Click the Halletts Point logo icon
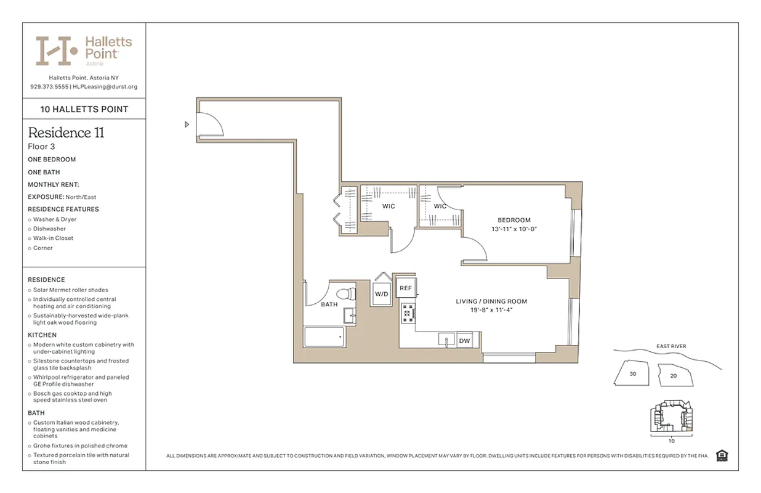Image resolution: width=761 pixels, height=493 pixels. (56, 51)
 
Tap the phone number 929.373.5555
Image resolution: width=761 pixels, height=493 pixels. (49, 87)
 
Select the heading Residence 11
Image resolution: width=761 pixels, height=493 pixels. (66, 132)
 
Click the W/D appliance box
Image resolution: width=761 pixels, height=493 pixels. (382, 295)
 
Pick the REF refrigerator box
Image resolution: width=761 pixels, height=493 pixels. (405, 288)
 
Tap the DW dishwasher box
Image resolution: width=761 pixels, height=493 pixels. (464, 340)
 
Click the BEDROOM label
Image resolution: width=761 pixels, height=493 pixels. (513, 220)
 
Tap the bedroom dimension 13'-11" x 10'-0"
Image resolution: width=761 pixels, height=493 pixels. (513, 229)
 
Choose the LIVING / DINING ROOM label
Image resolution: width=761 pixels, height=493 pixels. (491, 301)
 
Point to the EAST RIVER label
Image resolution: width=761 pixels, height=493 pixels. (670, 346)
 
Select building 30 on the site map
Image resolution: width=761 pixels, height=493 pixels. (632, 374)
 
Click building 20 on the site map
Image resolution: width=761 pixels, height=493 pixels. (673, 375)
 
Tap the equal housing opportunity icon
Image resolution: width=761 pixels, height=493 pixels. (723, 455)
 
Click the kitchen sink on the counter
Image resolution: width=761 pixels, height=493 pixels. (446, 339)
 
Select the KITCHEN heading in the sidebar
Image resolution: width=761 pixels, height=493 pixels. (42, 335)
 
